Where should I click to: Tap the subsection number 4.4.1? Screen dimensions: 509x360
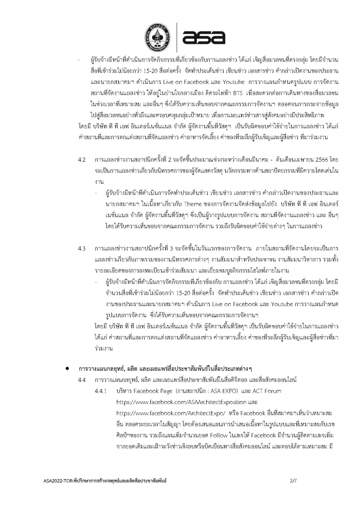click(104, 391)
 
